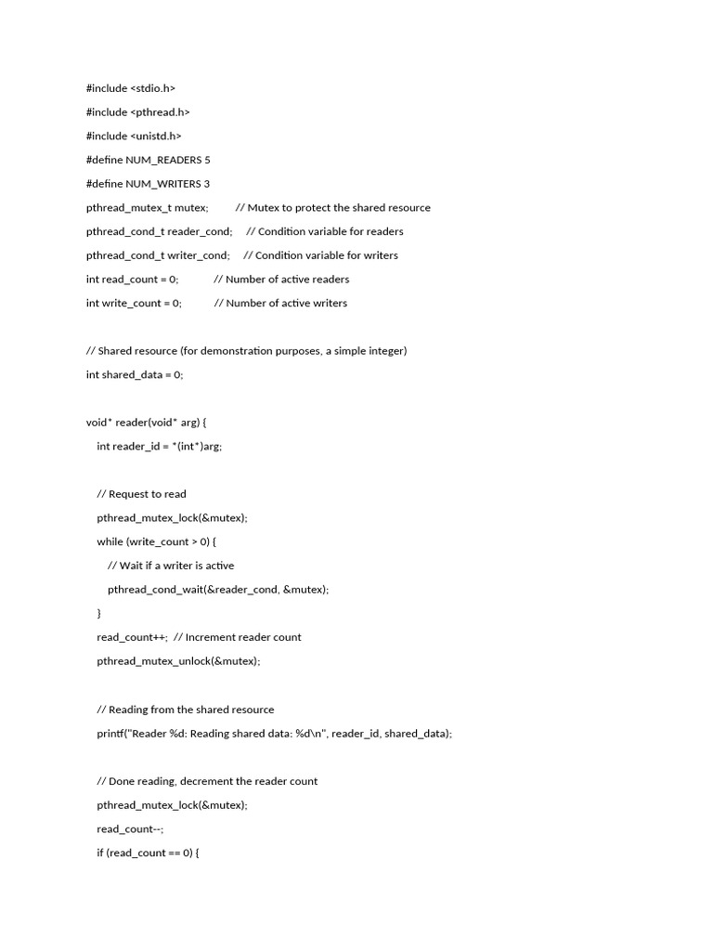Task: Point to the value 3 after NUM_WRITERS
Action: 207,184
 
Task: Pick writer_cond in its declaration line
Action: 197,255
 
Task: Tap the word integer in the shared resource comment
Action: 386,351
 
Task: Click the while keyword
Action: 110,541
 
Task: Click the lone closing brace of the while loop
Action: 99,613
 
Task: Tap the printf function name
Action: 111,734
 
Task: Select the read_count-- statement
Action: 129,829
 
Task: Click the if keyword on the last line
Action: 100,853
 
